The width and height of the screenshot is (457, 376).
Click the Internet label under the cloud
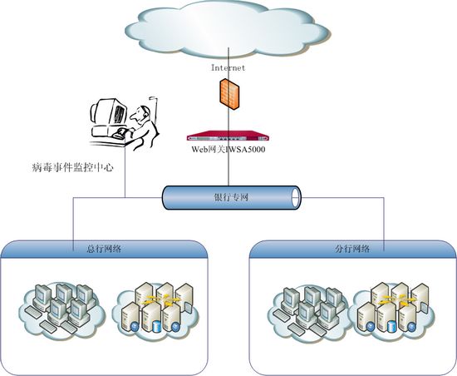[x=228, y=67]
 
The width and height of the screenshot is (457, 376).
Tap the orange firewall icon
[x=229, y=94]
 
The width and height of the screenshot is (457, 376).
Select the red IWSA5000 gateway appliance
[x=228, y=136]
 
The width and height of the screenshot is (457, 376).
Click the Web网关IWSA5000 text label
[x=228, y=150]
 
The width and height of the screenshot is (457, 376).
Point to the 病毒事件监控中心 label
[x=72, y=167]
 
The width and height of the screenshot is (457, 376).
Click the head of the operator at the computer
[x=140, y=114]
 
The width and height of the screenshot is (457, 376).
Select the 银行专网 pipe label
[x=231, y=197]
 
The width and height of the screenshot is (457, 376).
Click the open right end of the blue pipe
[x=296, y=197]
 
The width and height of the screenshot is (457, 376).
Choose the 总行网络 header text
[x=104, y=249]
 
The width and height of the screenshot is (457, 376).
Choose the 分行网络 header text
[x=352, y=249]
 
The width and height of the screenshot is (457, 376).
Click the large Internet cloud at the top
[x=228, y=29]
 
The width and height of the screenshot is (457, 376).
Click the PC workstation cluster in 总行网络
[x=61, y=309]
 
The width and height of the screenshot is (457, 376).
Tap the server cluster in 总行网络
[x=157, y=309]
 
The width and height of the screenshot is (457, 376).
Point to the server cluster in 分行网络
[x=394, y=311]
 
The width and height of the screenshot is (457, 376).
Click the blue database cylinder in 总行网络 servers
[x=157, y=326]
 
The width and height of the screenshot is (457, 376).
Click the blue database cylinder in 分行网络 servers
[x=391, y=327]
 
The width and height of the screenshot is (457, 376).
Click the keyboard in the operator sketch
[x=121, y=134]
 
